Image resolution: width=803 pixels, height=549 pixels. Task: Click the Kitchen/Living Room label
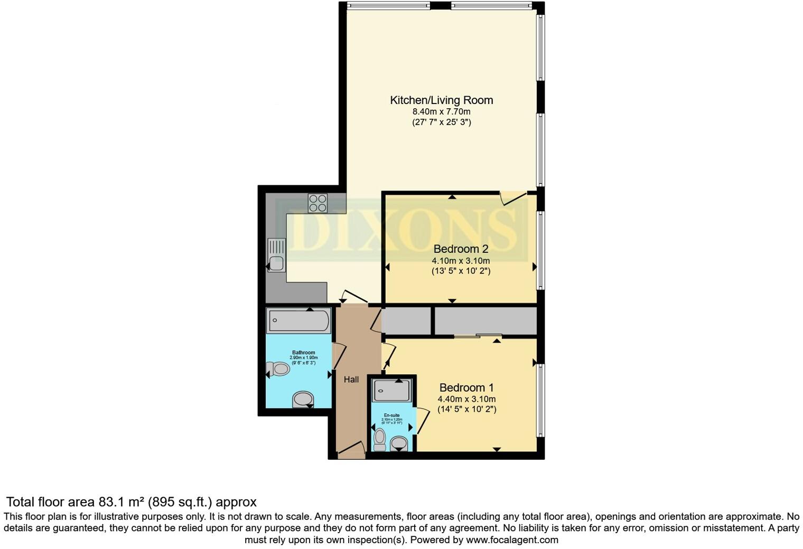tap(441, 100)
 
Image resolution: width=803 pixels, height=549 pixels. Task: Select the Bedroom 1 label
tap(466, 387)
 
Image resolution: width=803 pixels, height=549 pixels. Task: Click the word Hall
tap(351, 379)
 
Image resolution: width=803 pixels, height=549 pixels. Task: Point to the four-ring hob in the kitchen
tap(318, 203)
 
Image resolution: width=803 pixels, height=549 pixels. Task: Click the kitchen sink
tap(276, 255)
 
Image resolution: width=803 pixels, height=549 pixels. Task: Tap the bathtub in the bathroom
tap(298, 320)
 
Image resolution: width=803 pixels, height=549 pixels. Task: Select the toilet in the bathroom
tap(278, 368)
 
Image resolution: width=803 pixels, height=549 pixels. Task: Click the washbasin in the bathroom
tap(303, 400)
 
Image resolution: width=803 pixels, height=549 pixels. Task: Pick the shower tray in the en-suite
tap(393, 391)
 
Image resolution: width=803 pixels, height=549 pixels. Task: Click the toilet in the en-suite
tap(379, 439)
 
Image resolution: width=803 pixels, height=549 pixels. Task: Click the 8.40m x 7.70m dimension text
tap(441, 111)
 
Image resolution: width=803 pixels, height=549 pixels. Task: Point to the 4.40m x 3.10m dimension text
tap(466, 399)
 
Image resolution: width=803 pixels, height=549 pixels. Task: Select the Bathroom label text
tap(303, 353)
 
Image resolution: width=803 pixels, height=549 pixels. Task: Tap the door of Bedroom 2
tap(513, 198)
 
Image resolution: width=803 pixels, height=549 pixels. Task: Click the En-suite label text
tap(391, 415)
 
